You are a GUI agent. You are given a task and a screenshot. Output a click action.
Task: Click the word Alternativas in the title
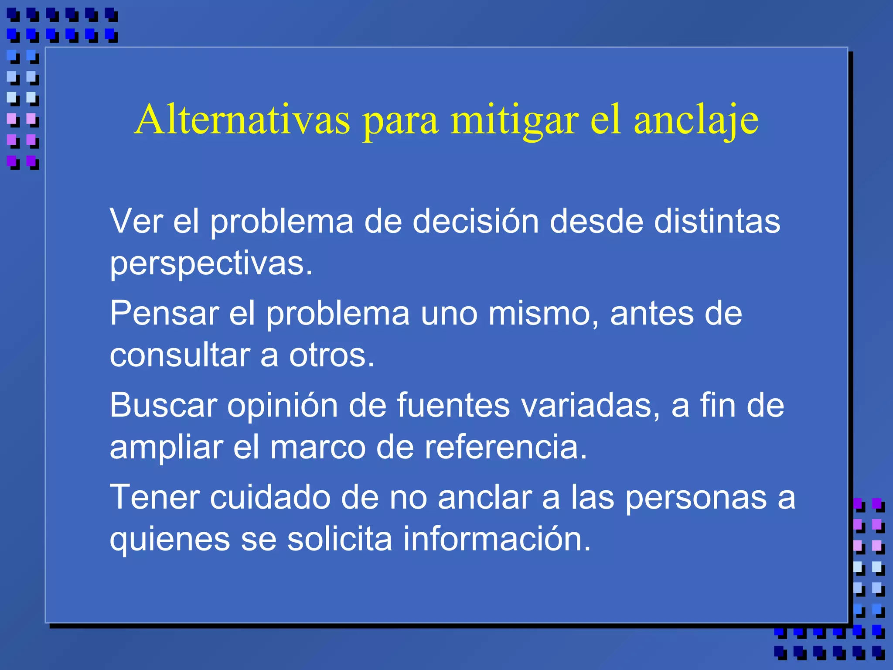pyautogui.click(x=242, y=120)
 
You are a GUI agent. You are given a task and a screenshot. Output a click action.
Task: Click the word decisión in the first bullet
pyautogui.click(x=476, y=222)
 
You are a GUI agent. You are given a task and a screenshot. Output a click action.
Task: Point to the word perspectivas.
pyautogui.click(x=211, y=264)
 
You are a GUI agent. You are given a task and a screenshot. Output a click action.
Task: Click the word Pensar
pyautogui.click(x=164, y=313)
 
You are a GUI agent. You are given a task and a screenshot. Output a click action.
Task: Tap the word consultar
pyautogui.click(x=180, y=355)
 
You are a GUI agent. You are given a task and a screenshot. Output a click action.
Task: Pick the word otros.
pyautogui.click(x=331, y=355)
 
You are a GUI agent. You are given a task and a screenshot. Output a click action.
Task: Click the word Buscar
pyautogui.click(x=163, y=405)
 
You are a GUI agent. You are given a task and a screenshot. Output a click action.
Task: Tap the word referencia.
pyautogui.click(x=506, y=447)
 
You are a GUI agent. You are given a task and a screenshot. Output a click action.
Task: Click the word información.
pyautogui.click(x=497, y=539)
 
